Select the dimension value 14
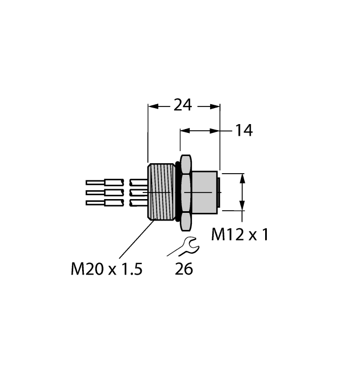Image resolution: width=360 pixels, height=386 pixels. tap(243, 131)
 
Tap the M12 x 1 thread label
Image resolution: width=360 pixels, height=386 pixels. tap(239, 235)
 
